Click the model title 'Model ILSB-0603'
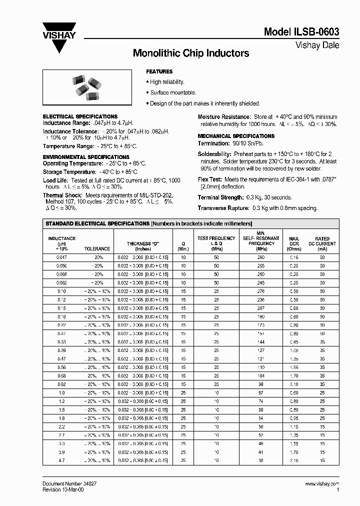[301, 31]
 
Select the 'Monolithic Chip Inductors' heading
[190, 53]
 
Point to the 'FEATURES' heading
[159, 71]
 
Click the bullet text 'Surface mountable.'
[173, 92]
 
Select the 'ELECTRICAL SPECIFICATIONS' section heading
[80, 116]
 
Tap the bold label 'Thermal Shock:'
[59, 195]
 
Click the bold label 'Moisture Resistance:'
[223, 116]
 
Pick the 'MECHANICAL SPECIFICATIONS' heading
[236, 136]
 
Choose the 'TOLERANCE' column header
[97, 248]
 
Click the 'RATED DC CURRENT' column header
[322, 243]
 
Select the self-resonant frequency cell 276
[260, 290]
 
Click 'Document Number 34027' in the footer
[66, 484]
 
